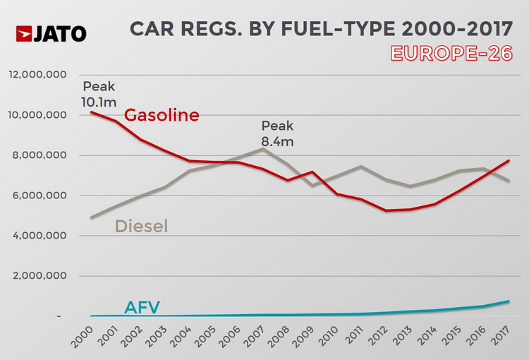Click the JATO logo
point(51,33)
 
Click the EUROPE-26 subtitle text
point(451,54)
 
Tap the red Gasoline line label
point(162,115)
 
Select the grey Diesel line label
point(141,226)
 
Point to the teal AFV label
point(142,307)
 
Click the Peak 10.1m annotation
point(98,94)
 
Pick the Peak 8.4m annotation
point(277,133)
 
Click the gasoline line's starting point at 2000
point(92,112)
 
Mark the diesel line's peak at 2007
point(263,149)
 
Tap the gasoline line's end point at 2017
point(509,161)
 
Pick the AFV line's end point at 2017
point(509,301)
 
